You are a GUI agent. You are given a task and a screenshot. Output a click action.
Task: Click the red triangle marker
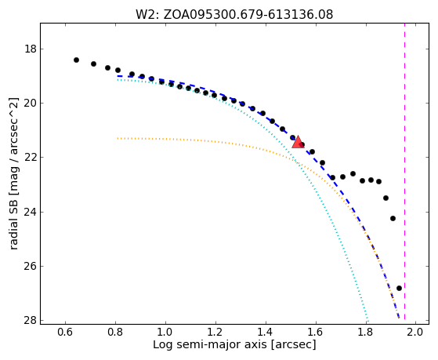tap(298, 141)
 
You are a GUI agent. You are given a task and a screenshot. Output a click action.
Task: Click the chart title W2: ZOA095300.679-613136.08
tap(234, 15)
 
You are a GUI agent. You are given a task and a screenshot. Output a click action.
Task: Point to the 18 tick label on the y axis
tap(31, 49)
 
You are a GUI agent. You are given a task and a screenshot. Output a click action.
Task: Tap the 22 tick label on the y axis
tap(31, 158)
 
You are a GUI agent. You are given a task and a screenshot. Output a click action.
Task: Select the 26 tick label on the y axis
tap(31, 266)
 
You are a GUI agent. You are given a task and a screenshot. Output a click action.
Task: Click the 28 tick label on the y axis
tap(31, 320)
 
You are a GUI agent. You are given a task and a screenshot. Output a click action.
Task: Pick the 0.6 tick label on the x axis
tap(66, 333)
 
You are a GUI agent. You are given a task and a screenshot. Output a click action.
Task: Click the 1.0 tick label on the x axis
tap(165, 333)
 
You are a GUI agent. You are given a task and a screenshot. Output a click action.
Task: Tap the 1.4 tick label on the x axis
tap(266, 333)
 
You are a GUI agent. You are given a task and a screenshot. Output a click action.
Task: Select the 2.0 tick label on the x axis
tap(415, 333)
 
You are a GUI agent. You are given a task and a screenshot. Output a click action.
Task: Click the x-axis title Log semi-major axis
tap(210, 345)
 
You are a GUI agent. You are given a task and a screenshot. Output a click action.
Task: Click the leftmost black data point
tap(76, 60)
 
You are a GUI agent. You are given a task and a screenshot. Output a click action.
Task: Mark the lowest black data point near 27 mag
tap(399, 288)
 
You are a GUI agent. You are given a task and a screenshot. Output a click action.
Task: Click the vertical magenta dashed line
tap(404, 171)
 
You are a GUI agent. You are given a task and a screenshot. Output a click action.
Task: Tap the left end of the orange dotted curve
tap(118, 138)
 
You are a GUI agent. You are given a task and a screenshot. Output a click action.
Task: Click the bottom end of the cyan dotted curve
tap(368, 321)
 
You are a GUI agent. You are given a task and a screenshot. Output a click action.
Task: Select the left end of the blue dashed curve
tap(118, 76)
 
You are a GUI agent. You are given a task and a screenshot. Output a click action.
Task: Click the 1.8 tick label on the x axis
tap(366, 333)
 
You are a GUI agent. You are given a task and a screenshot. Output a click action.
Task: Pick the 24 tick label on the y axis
tap(31, 212)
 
